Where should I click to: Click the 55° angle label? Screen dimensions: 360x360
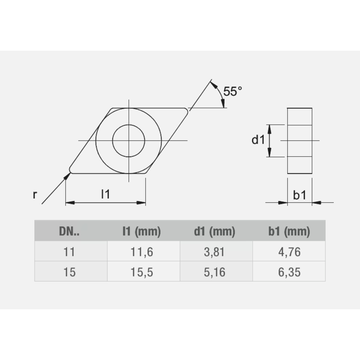pos(230,91)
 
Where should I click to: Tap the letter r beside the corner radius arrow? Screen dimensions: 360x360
pos(35,195)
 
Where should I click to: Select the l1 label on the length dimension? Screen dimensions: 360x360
pos(105,195)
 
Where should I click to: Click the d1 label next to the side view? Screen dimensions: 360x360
pos(258,140)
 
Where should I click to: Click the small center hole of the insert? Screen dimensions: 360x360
pos(129,140)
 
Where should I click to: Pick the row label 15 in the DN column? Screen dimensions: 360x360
pos(69,272)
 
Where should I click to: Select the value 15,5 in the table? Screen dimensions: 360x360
pos(141,272)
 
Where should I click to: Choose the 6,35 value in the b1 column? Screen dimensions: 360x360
pos(289,272)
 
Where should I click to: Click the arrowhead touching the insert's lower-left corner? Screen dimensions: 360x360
pos(67,175)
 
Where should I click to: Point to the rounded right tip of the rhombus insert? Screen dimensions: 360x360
pos(186,111)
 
